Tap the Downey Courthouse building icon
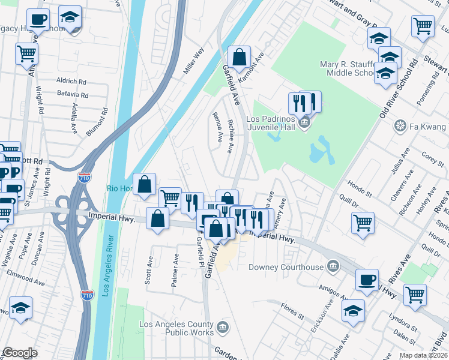click(x=334, y=266)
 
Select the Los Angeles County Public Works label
click(x=176, y=328)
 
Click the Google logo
click(x=20, y=353)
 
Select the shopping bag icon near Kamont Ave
click(x=239, y=58)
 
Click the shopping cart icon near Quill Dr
click(x=363, y=223)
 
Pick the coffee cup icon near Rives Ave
click(x=367, y=280)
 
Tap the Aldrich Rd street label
click(x=71, y=80)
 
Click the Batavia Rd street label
click(x=72, y=95)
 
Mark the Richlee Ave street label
click(x=231, y=136)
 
